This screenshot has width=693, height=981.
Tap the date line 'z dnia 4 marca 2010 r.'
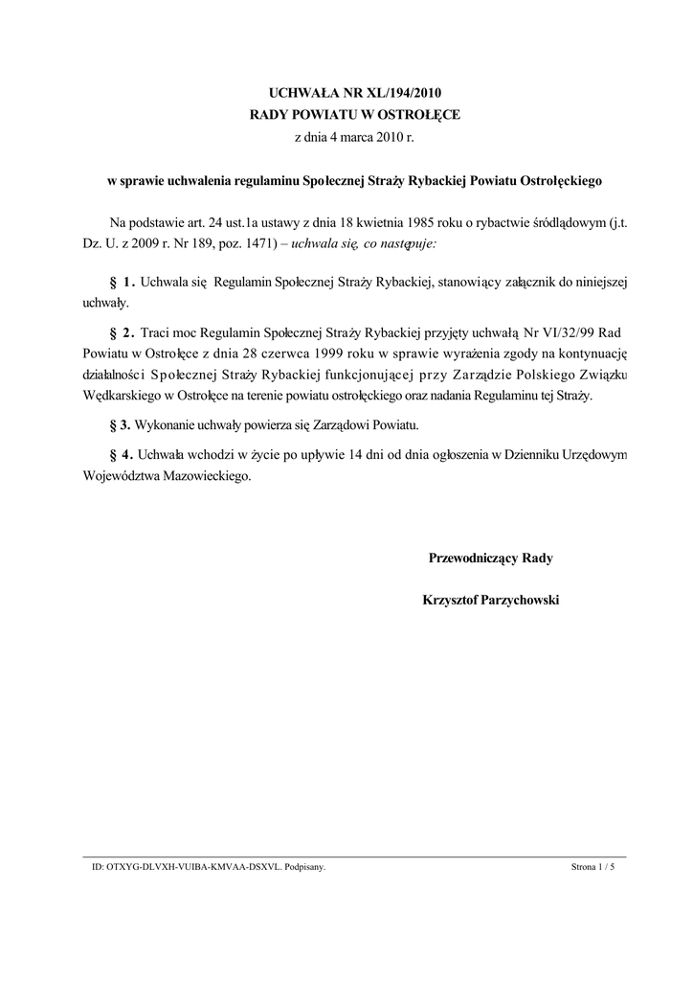point(355,137)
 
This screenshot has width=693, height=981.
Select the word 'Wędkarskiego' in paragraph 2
point(113,396)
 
